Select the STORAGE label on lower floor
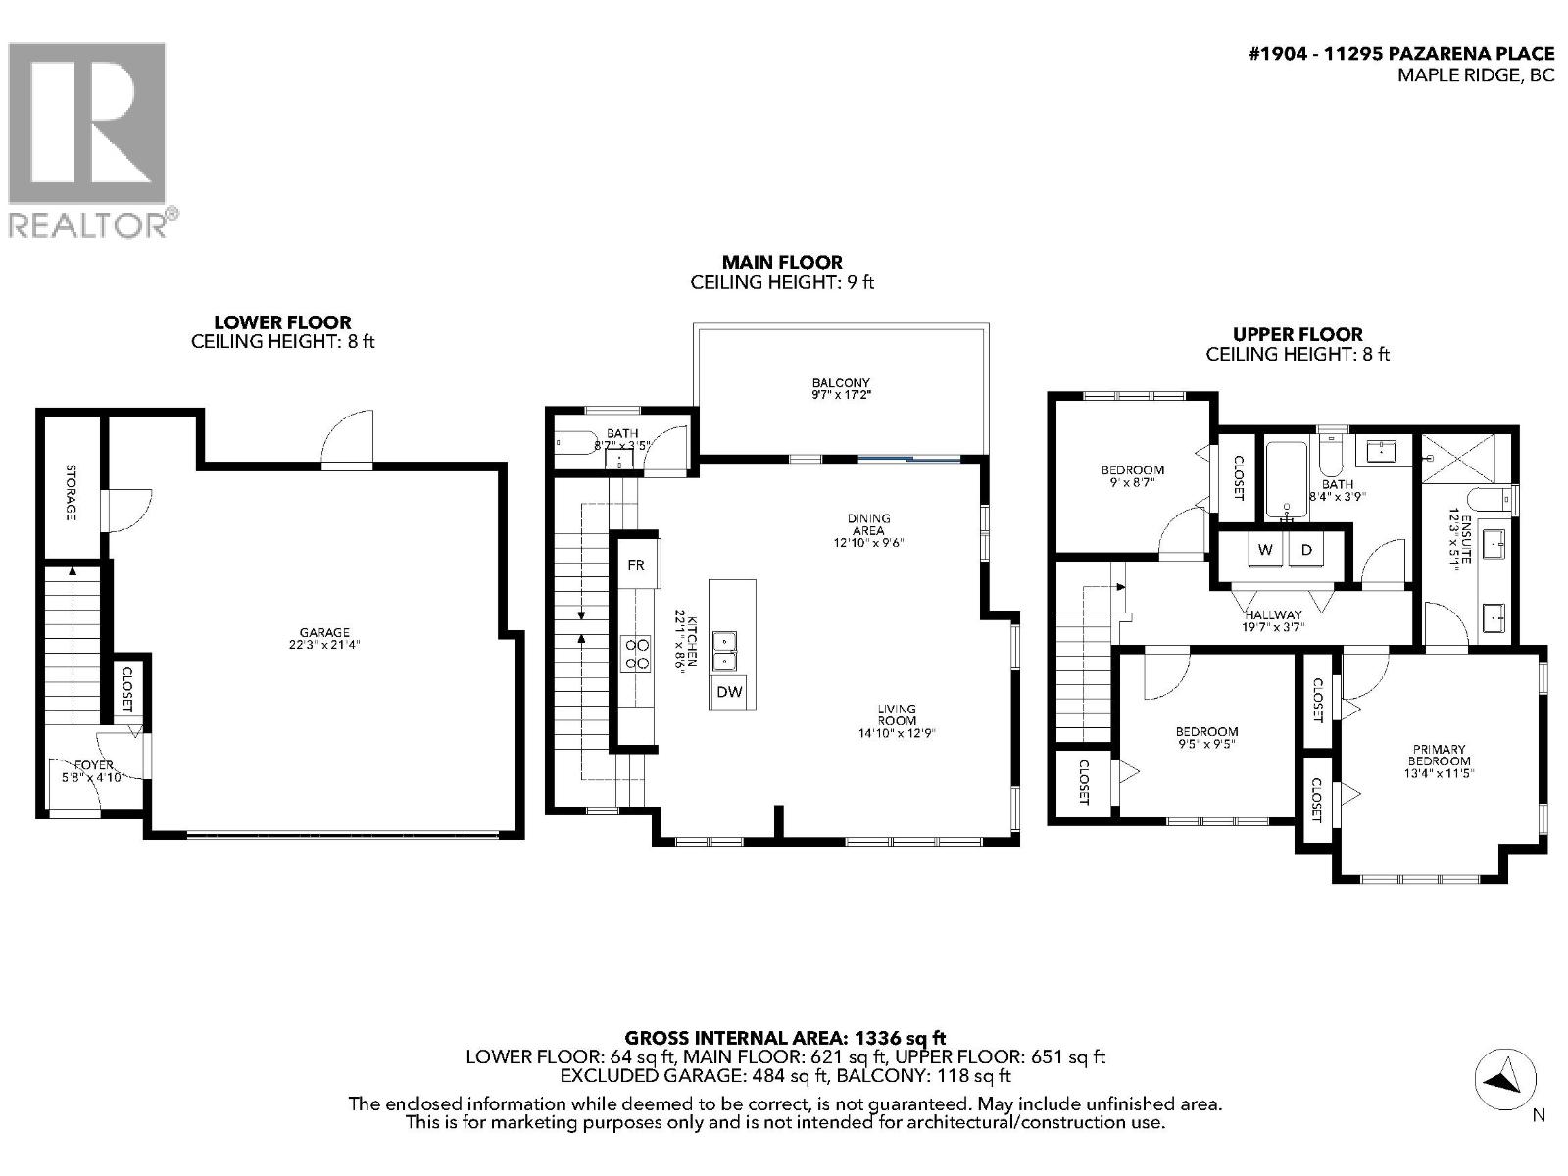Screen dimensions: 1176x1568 coord(71,492)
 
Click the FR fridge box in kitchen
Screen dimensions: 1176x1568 coord(636,565)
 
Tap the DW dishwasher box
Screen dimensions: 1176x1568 coord(728,692)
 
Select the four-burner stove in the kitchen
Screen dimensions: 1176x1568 coord(637,654)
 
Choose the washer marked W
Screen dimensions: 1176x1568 coord(1265,550)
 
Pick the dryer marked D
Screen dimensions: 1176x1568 coord(1305,550)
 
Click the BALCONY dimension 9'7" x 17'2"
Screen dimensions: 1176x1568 coord(841,395)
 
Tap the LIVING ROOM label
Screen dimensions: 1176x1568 coord(897,714)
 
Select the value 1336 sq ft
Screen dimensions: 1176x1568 coord(901,1037)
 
